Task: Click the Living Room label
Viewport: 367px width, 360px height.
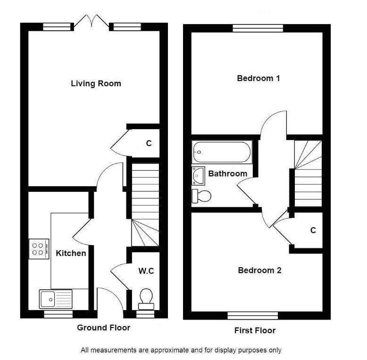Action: (96, 84)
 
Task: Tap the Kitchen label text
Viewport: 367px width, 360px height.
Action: (71, 254)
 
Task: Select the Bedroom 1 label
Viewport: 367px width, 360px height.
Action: (258, 78)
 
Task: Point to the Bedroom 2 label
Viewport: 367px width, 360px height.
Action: (259, 270)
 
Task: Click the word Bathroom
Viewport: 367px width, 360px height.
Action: (228, 174)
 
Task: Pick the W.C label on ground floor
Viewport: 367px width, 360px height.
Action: (146, 271)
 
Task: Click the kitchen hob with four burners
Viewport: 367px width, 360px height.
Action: (39, 249)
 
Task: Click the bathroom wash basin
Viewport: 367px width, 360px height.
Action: (198, 175)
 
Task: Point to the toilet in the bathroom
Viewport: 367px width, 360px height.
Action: (201, 196)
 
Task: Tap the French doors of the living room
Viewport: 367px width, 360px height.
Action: (92, 21)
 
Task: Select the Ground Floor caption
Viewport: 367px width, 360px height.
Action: (103, 327)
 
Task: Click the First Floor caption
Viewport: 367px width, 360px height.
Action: (255, 330)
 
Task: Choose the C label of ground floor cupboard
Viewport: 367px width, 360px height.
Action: (149, 143)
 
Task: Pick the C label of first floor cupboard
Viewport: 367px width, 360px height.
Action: (313, 230)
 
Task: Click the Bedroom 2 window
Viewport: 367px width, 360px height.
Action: (252, 315)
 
